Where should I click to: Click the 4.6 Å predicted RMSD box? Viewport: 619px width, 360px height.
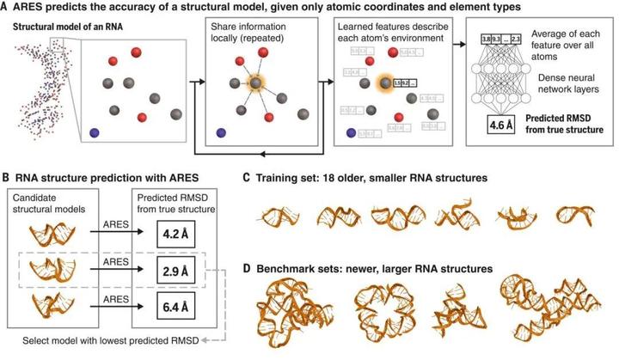point(532,125)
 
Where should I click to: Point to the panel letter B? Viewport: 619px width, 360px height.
point(7,178)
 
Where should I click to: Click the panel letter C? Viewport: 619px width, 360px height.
point(247,178)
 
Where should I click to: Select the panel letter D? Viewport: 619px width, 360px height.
point(247,268)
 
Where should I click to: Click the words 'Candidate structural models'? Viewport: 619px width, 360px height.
point(47,203)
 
